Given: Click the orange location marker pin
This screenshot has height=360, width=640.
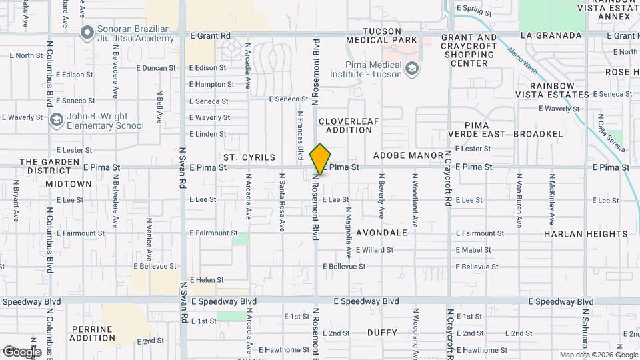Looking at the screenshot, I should [321, 159].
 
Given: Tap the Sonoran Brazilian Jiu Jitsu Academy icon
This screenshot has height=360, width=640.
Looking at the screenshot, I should [87, 32].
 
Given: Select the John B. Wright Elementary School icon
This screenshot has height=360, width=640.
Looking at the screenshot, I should [57, 120].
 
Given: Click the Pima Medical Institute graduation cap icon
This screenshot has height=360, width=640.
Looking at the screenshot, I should [413, 68].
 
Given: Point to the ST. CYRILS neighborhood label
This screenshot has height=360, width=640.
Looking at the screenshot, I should [249, 157].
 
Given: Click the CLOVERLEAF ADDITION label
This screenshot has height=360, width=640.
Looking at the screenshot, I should [345, 125].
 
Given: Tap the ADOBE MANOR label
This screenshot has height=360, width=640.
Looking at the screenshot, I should [408, 155].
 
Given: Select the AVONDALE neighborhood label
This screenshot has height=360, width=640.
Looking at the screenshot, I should [381, 233].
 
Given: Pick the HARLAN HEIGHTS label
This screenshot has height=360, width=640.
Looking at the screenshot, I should [577, 234].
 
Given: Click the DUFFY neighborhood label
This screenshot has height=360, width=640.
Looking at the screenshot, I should [382, 333].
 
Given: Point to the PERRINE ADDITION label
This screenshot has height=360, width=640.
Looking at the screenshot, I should [93, 333].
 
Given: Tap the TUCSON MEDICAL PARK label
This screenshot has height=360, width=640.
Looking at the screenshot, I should [381, 36].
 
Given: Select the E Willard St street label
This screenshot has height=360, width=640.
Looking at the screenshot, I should [375, 250].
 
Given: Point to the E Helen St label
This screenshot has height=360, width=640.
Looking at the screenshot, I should [207, 280].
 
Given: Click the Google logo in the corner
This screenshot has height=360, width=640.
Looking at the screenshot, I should [21, 351].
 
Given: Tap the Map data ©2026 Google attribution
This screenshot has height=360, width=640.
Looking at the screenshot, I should [598, 355].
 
